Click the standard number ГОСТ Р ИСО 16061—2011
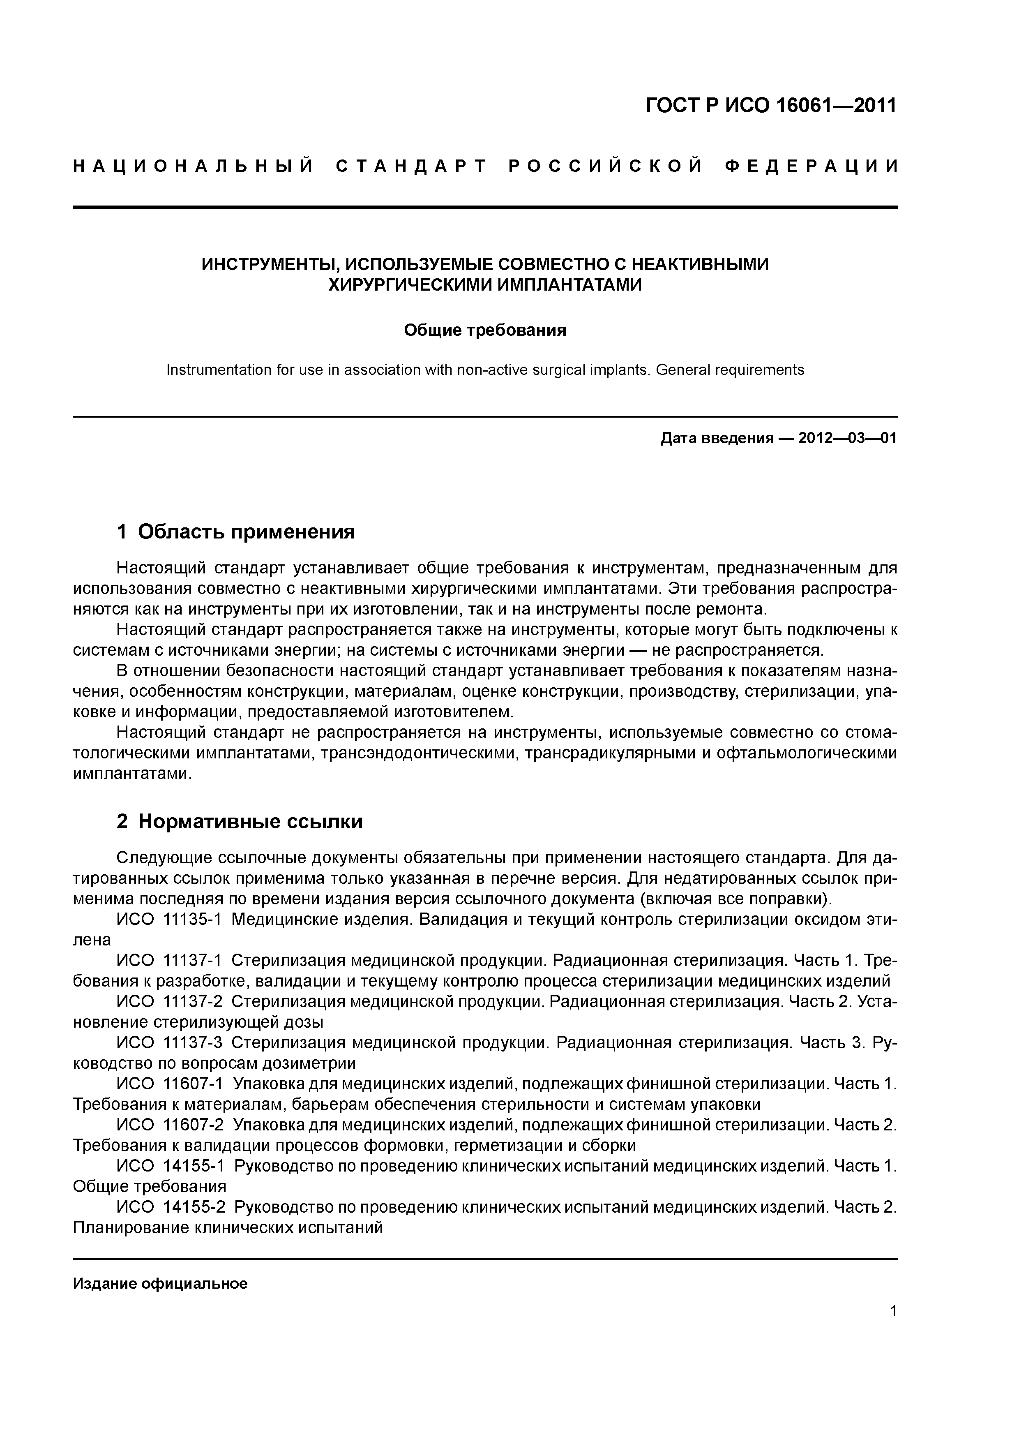pos(770,106)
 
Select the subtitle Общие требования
pos(485,330)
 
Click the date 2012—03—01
pos(848,438)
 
